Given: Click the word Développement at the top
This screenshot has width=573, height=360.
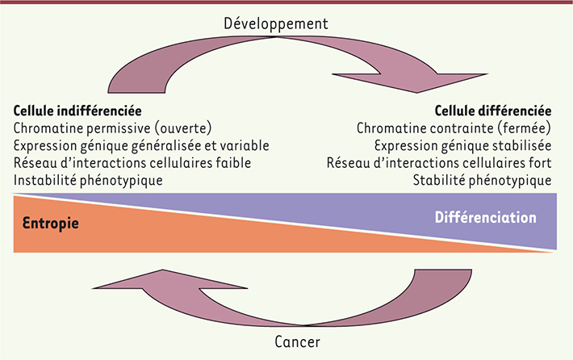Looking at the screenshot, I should tap(287, 23).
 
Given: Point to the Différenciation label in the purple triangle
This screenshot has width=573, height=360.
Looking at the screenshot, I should tap(485, 217).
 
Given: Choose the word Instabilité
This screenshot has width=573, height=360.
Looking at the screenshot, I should tap(47, 180).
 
